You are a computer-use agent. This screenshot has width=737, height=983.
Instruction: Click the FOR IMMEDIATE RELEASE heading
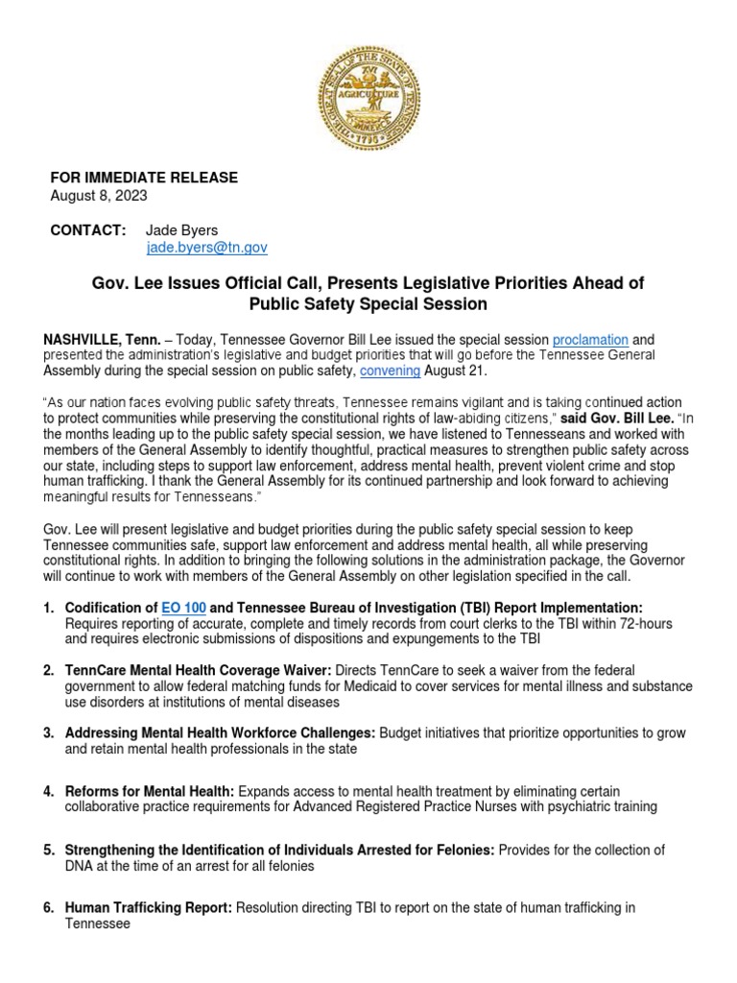[144, 179]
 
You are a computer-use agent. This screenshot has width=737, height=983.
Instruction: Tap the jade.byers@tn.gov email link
[206, 248]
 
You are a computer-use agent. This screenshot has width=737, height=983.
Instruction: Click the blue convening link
[390, 371]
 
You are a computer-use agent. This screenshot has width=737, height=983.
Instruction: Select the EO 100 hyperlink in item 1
[183, 609]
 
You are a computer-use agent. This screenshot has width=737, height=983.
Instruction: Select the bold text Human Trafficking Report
[148, 907]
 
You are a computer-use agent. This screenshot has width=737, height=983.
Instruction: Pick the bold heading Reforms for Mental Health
[149, 792]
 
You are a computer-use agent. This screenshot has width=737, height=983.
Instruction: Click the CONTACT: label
[87, 230]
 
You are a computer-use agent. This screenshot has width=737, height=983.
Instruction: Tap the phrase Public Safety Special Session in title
[368, 304]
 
